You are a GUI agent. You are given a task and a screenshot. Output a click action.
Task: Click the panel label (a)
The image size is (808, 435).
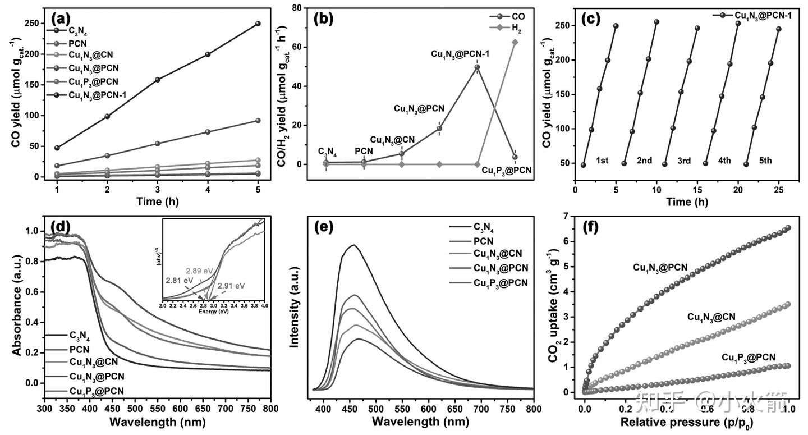click(x=61, y=17)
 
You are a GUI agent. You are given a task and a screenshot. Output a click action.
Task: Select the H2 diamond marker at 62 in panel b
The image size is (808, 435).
click(x=515, y=42)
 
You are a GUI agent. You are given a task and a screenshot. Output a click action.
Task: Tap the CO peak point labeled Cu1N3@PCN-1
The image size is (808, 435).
click(x=477, y=67)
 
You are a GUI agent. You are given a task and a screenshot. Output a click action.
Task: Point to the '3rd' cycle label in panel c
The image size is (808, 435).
click(x=684, y=161)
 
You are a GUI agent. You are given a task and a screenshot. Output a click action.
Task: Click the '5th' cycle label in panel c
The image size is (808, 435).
click(x=765, y=161)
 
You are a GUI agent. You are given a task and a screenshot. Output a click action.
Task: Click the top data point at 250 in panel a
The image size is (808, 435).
click(x=258, y=24)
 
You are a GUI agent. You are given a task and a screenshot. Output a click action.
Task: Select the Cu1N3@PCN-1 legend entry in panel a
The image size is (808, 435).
click(x=97, y=95)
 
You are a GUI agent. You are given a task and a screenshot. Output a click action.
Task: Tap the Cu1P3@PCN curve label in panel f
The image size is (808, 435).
click(x=748, y=358)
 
